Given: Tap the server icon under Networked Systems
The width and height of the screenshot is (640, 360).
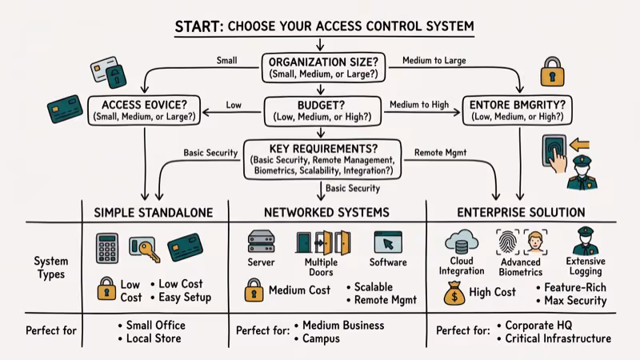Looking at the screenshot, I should (262, 242).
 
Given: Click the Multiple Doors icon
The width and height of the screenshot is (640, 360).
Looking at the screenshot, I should (322, 242).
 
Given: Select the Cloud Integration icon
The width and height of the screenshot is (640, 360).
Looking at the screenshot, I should (462, 241).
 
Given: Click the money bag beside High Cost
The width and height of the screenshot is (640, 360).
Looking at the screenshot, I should (454, 294).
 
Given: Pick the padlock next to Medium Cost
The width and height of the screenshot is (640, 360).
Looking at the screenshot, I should (254, 290).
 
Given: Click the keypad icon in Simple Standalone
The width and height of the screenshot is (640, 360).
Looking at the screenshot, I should (107, 248).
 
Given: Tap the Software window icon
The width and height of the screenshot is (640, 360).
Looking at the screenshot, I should (387, 242).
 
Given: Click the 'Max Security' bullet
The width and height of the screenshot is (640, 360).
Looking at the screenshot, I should (574, 301).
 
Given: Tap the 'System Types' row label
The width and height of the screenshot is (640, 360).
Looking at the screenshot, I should (50, 268).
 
